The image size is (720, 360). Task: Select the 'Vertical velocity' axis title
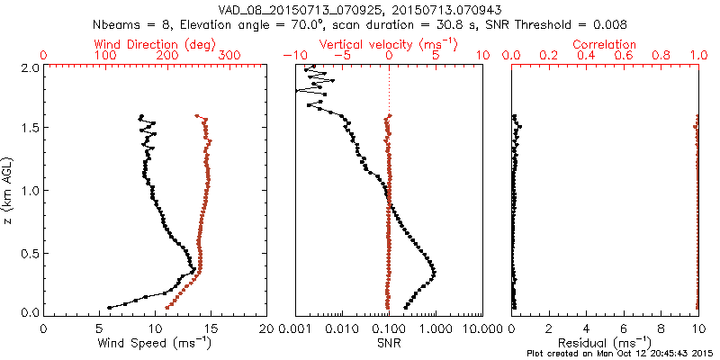[x=389, y=44]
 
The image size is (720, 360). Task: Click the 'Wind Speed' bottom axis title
[x=155, y=343]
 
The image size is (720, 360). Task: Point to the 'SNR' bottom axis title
[x=389, y=343]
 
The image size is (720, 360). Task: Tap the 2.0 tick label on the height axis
[x=30, y=68]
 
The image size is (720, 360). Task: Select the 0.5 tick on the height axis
[x=30, y=252]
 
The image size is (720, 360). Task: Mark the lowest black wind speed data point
[x=110, y=308]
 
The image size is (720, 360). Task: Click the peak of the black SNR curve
[x=435, y=272]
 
